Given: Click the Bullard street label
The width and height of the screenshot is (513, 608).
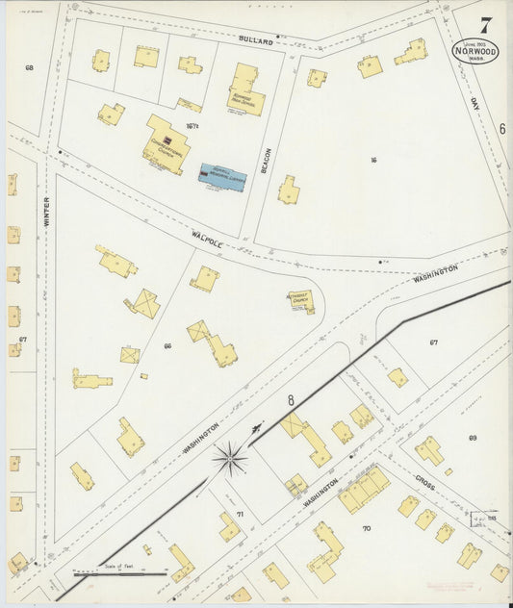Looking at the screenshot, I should tap(257, 41).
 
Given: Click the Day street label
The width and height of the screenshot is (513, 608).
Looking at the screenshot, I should tap(475, 102).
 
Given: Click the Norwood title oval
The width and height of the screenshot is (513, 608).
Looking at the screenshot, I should tap(475, 52).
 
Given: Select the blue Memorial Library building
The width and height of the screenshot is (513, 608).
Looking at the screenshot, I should tap(220, 174).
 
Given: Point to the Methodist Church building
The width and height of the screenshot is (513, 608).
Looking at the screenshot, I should tap(302, 301).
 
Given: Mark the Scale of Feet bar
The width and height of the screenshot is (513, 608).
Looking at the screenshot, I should tap(132, 574).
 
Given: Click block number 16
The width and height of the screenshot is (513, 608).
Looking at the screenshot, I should tap(372, 160).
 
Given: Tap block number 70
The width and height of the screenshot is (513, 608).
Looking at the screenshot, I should tap(366, 529).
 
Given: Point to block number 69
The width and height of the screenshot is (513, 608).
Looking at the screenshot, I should tap(473, 439).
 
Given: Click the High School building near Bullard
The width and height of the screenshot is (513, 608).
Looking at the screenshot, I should tap(245, 91).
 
